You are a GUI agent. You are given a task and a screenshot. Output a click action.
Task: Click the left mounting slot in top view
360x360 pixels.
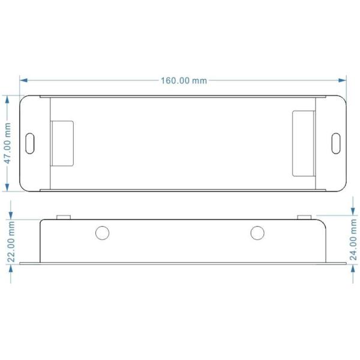pyautogui.click(x=31, y=143)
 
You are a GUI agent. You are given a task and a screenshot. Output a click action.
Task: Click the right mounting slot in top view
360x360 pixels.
pyautogui.click(x=336, y=143)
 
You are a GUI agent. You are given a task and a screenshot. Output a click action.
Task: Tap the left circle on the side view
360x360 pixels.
pyautogui.click(x=103, y=232)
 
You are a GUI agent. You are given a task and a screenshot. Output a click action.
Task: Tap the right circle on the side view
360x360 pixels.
pyautogui.click(x=257, y=232)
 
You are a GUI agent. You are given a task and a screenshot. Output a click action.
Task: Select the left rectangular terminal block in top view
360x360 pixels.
pyautogui.click(x=62, y=143)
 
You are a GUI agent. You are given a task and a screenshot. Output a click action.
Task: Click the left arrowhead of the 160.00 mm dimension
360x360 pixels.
pyautogui.click(x=23, y=80)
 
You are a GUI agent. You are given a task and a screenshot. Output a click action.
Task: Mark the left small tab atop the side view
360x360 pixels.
pyautogui.click(x=63, y=216)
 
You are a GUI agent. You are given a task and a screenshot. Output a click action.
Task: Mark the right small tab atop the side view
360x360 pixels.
pyautogui.click(x=305, y=216)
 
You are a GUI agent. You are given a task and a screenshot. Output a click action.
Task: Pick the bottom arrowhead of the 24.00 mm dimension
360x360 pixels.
pyautogui.click(x=353, y=268)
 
